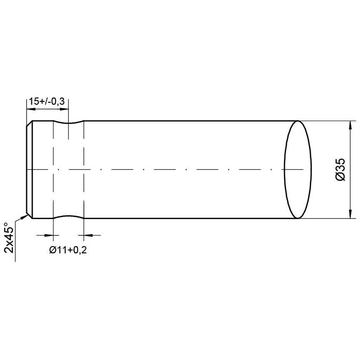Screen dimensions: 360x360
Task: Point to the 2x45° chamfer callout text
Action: pyautogui.click(x=8, y=237)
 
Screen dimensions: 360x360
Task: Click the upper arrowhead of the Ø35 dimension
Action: pyautogui.click(x=349, y=124)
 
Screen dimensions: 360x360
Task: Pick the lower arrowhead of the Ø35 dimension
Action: pyautogui.click(x=349, y=215)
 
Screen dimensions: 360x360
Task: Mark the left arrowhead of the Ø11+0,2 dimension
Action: pyautogui.click(x=49, y=235)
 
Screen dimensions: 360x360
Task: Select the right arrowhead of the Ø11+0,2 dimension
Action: pyautogui.click(x=87, y=235)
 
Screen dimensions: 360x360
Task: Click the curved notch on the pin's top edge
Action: pyautogui.click(x=68, y=123)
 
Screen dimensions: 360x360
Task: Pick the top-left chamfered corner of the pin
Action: pyautogui.click(x=29, y=124)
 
